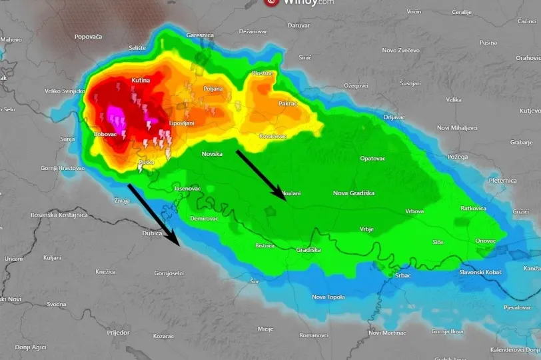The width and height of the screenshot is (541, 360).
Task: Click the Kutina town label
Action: pos(141,81)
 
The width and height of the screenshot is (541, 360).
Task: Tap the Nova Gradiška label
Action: pos(353,193)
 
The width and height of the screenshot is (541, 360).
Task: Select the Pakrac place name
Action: pos(288,103)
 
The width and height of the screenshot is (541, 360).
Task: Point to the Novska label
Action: pos(212,154)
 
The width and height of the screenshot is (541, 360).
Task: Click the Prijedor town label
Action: pos(118,332)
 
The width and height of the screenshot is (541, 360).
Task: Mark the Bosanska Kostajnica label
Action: pos(59,215)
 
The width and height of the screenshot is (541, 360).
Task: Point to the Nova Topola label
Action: pos(328,297)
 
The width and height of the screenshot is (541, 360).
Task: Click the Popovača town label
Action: pos(88,37)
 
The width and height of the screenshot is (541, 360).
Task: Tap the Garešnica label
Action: pos(200,35)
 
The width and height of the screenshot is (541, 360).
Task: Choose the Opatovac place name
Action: pos(372,159)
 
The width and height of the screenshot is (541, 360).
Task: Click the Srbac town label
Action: pos(403,275)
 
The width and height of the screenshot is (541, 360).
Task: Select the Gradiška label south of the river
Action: pos(308,250)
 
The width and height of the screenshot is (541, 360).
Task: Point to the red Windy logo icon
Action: pos(271,2)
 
